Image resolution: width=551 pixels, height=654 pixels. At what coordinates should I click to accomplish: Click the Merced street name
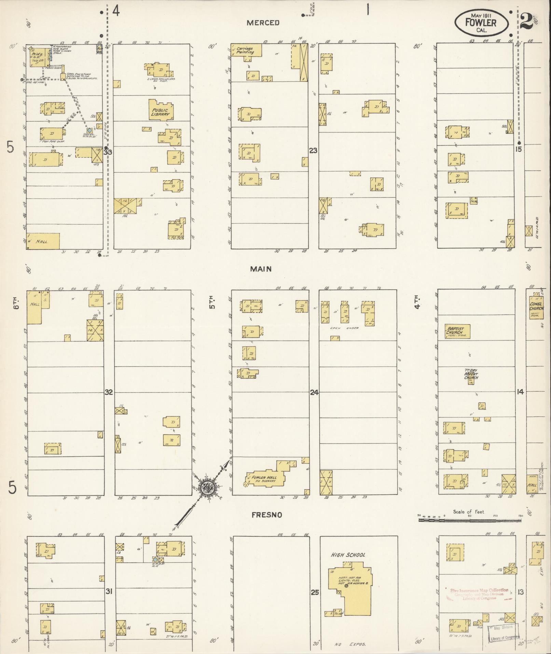point(263,23)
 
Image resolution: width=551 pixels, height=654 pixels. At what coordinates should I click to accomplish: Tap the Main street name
point(261,269)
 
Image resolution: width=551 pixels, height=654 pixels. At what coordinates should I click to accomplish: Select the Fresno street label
point(267,515)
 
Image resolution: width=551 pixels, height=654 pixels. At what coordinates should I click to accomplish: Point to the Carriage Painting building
point(246,50)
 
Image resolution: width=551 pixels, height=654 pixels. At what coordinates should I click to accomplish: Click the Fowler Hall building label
point(265,479)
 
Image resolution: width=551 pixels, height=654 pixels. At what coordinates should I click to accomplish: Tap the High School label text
point(348,555)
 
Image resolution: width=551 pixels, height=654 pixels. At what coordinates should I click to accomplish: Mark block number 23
point(313,150)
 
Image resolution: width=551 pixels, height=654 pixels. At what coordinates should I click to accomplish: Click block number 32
point(109,392)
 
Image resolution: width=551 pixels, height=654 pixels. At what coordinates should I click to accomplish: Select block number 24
point(314,392)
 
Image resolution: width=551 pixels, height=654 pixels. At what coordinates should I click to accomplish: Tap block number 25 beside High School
point(315,592)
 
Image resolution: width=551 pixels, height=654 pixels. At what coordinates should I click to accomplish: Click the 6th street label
point(15,303)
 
